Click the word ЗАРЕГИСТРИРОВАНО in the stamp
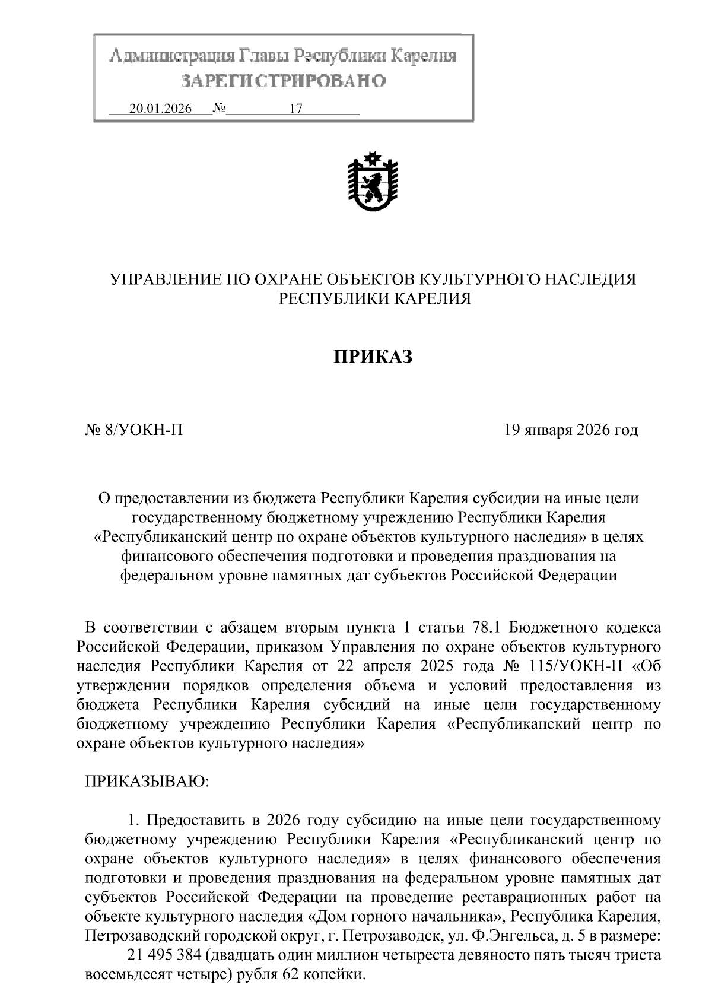coord(283,81)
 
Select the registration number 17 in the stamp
coord(295,109)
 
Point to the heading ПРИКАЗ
coord(372,357)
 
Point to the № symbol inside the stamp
coord(220,109)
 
